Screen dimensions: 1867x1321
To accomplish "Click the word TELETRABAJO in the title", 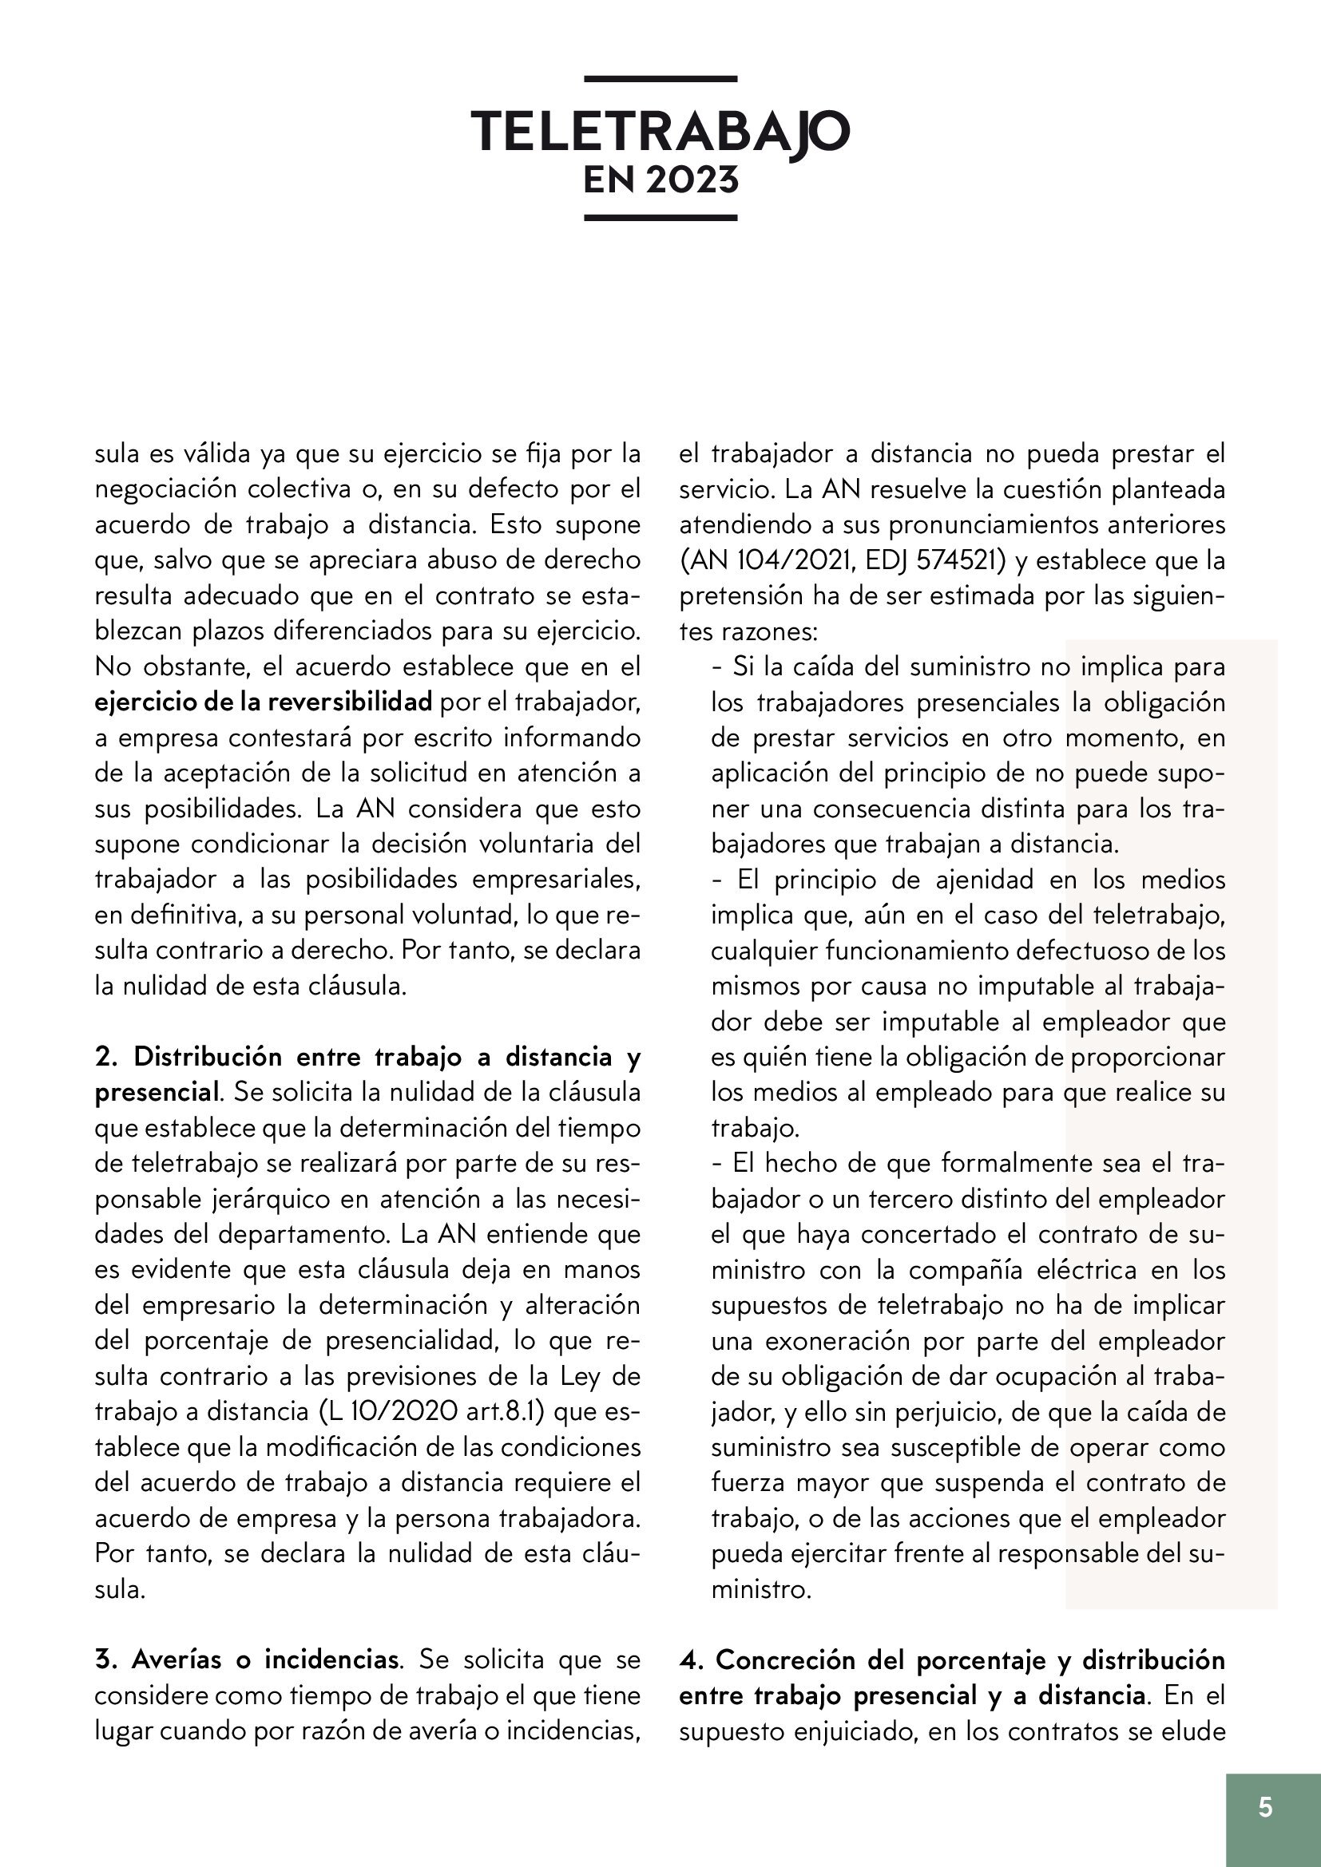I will click(660, 130).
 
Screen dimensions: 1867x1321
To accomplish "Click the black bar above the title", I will click(660, 79).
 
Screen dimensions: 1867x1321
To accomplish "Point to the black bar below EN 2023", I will click(660, 218).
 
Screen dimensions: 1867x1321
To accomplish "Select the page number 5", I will click(1265, 1807).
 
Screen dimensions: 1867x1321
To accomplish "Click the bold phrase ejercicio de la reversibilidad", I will click(264, 702).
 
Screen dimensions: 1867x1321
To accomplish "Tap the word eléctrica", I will click(1091, 1269).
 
